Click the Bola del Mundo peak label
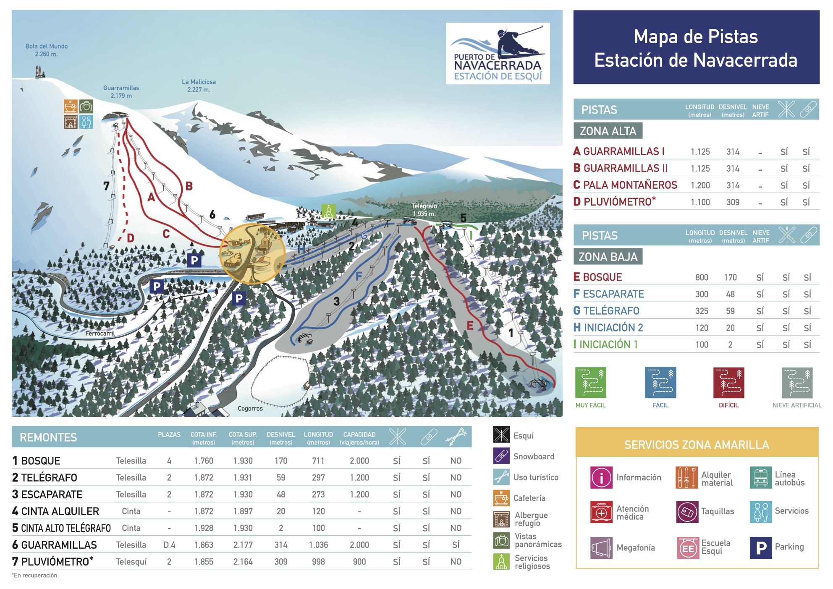pyautogui.click(x=46, y=50)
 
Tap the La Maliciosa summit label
pyautogui.click(x=199, y=86)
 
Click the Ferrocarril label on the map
pyautogui.click(x=100, y=333)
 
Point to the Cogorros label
pyautogui.click(x=250, y=408)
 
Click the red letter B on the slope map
pyautogui.click(x=189, y=186)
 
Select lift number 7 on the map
pyautogui.click(x=106, y=185)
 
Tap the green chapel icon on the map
pyautogui.click(x=328, y=211)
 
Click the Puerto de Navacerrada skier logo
pyautogui.click(x=498, y=53)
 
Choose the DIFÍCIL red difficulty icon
pyautogui.click(x=728, y=383)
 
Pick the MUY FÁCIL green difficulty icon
pyautogui.click(x=590, y=383)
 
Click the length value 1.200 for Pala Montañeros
pyautogui.click(x=700, y=185)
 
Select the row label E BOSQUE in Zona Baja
pyautogui.click(x=598, y=277)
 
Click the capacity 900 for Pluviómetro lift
pyautogui.click(x=359, y=561)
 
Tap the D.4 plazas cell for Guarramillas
pyautogui.click(x=169, y=545)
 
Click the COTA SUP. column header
pyautogui.click(x=243, y=438)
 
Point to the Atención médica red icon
pyautogui.click(x=601, y=512)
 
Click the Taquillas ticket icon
pyautogui.click(x=687, y=512)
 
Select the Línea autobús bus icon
pyautogui.click(x=761, y=477)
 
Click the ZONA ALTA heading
pyautogui.click(x=608, y=131)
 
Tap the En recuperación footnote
pyautogui.click(x=36, y=575)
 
